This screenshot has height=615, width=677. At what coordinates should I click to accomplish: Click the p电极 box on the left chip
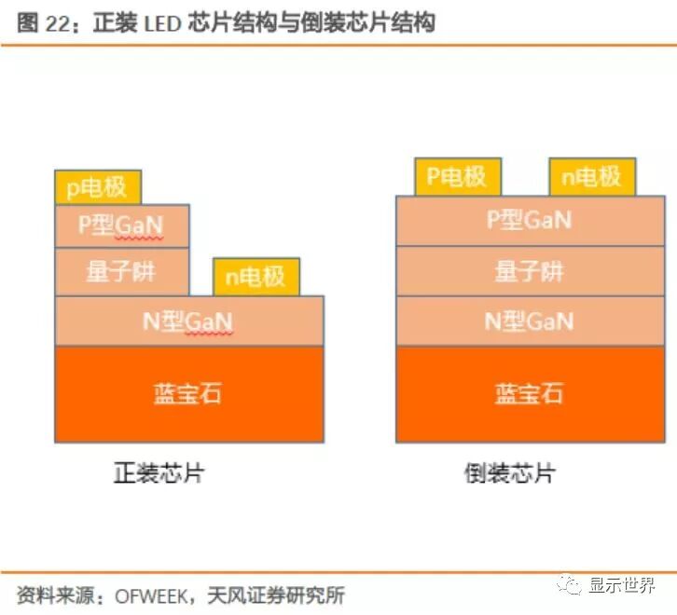pos(98,187)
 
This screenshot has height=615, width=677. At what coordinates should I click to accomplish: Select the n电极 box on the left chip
pos(256,277)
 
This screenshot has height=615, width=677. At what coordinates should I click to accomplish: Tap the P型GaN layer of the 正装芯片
pos(122,225)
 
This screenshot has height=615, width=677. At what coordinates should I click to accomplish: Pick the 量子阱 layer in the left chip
pos(122,272)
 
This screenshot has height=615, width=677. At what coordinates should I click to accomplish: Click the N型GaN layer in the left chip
pos(189,321)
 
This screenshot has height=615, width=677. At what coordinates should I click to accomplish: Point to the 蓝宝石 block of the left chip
pos(189,393)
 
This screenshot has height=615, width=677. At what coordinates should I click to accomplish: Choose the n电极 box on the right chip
pos(592,177)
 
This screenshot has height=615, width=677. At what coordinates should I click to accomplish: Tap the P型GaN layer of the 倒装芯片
pos(530,221)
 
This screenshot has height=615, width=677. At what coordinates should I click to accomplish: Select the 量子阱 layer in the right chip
pos(530,271)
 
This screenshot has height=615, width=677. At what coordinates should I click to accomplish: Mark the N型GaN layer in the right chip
pos(530,321)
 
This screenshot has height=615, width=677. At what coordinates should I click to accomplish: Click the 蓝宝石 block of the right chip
pos(530,393)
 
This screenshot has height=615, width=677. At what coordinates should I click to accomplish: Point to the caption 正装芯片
pos(159,472)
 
